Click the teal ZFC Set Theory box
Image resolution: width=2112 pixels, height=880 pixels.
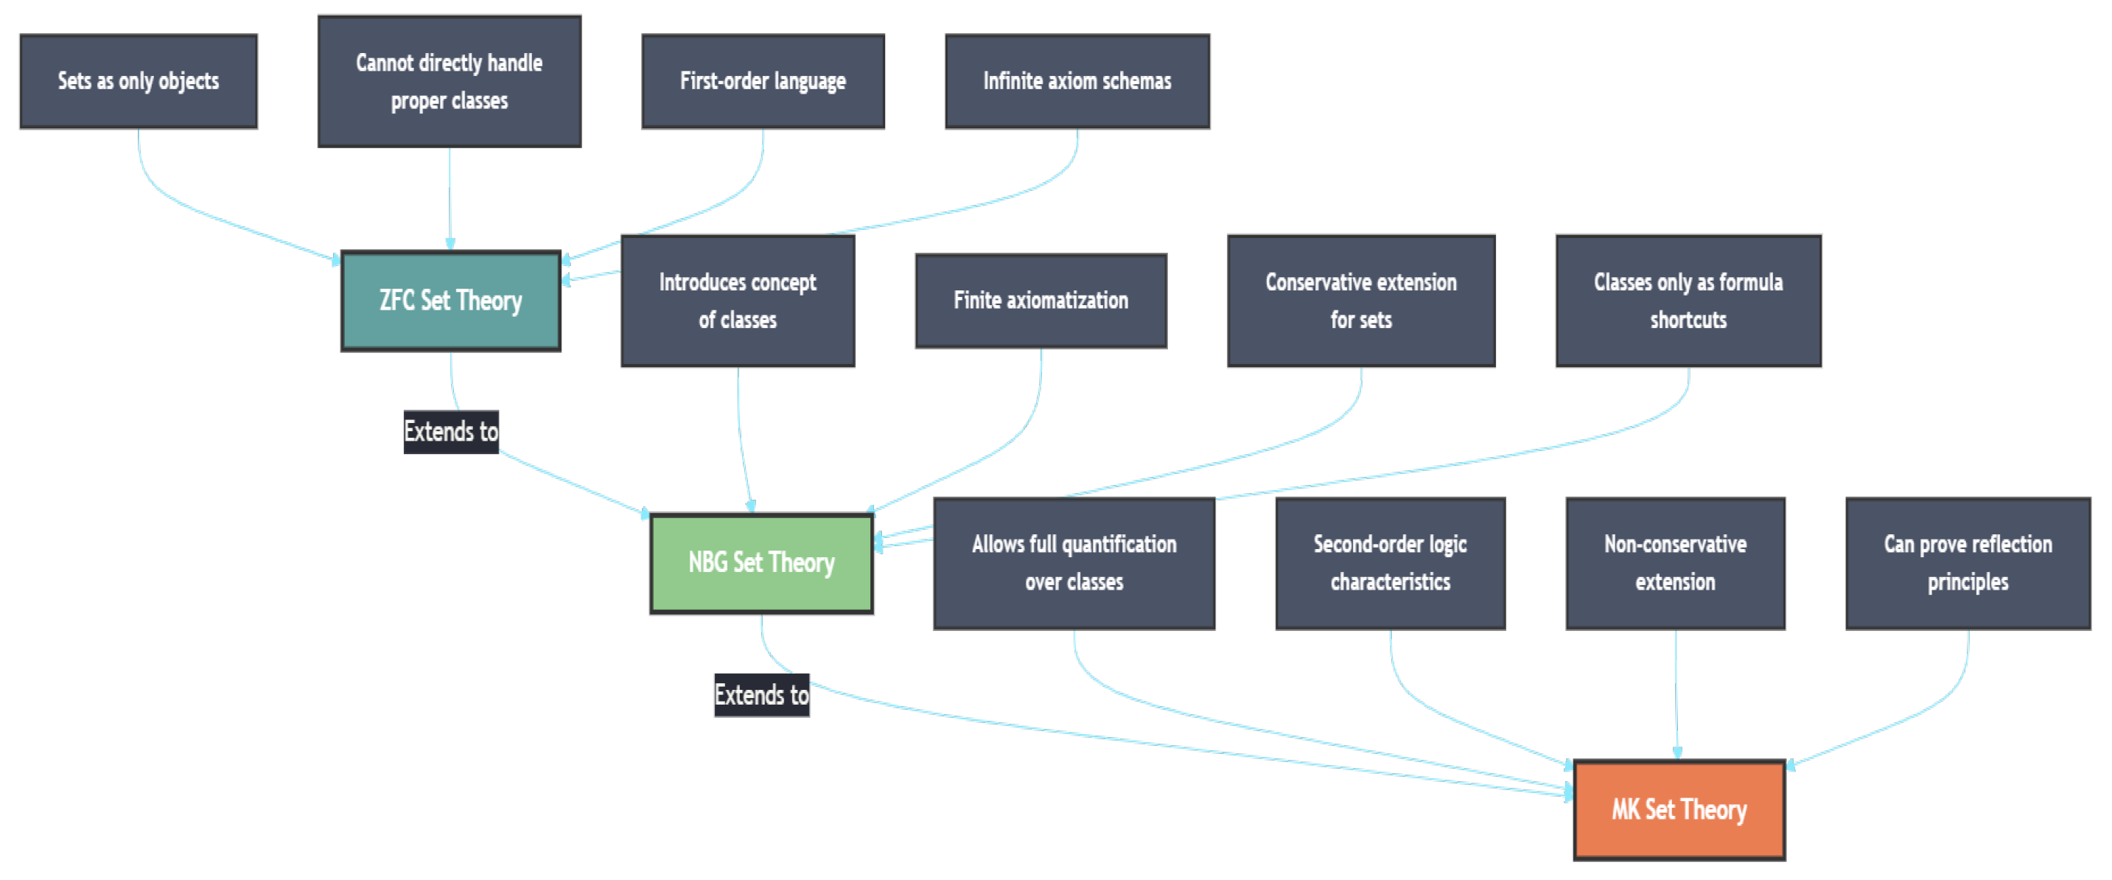click(450, 301)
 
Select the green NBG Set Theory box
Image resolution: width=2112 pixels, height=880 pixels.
click(760, 563)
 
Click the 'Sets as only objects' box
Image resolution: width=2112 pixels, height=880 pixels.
click(138, 81)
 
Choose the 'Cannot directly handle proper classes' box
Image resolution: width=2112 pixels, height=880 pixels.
click(450, 81)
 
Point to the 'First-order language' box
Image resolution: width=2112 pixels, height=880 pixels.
click(763, 81)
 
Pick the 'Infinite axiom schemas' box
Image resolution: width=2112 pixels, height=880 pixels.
click(1077, 81)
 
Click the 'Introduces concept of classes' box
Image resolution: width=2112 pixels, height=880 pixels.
click(737, 301)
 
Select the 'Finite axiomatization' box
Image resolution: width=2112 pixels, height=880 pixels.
click(1041, 301)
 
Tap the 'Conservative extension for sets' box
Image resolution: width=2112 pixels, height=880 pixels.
click(1360, 301)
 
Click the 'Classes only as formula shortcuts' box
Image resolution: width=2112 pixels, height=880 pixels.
click(1688, 301)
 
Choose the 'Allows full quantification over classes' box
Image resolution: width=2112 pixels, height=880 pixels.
click(1073, 563)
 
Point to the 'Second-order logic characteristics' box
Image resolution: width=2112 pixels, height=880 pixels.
click(1390, 563)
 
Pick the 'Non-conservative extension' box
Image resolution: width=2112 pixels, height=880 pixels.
click(1675, 563)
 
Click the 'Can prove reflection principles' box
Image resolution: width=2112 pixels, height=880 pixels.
click(1968, 563)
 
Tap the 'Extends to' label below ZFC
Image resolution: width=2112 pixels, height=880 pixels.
click(450, 431)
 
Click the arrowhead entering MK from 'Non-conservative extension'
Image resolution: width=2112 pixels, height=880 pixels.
click(1676, 753)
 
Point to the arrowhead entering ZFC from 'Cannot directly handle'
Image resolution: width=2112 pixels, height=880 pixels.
click(450, 243)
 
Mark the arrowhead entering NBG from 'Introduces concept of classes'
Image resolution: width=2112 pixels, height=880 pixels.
click(750, 506)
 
